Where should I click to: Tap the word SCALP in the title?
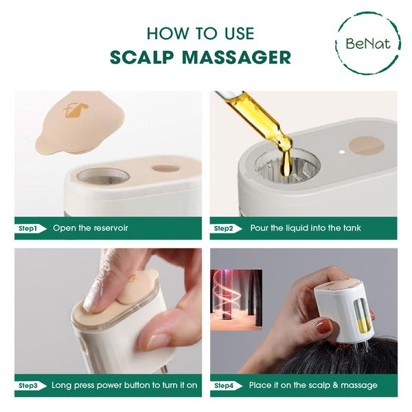point(142,57)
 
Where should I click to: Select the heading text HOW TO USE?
point(201,33)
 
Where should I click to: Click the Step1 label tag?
point(30,228)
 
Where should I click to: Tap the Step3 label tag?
point(30,385)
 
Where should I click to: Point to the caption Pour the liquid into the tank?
point(305,228)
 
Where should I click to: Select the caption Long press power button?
point(124,385)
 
